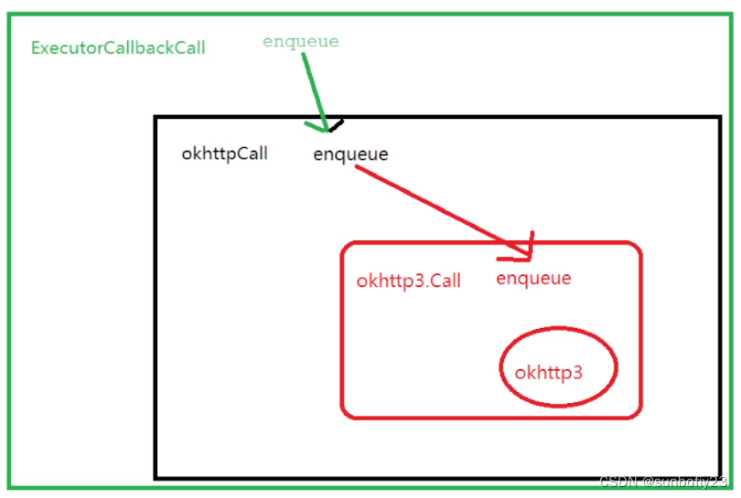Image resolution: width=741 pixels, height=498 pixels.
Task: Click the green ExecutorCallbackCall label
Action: [118, 48]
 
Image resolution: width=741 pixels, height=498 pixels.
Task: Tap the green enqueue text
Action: [301, 41]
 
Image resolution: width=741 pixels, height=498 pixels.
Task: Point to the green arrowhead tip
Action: [324, 130]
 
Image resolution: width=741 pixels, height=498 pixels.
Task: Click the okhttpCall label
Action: [224, 154]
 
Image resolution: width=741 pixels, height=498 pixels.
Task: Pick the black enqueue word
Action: [350, 154]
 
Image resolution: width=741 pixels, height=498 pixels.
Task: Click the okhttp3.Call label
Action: [408, 281]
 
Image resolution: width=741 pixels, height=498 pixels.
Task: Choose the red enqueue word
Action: [533, 279]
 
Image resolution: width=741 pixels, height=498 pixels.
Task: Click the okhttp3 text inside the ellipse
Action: [549, 372]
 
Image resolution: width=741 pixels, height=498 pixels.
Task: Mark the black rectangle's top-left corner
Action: [156, 118]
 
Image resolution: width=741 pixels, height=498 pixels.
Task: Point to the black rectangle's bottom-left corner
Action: [156, 476]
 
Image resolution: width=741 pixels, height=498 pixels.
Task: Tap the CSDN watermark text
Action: [662, 482]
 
